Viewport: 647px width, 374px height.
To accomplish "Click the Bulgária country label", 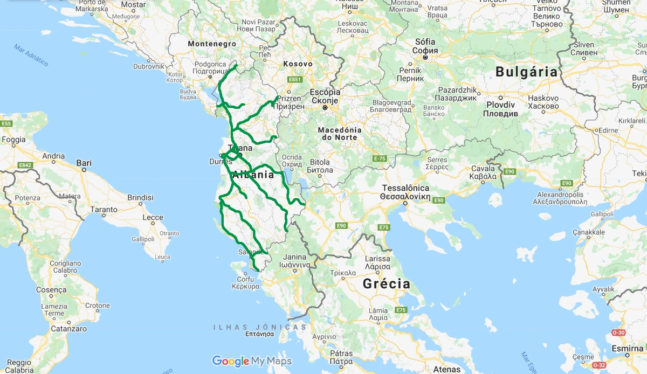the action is (526, 71).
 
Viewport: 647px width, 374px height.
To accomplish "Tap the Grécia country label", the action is (386, 284).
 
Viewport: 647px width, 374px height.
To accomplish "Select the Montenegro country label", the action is (212, 43).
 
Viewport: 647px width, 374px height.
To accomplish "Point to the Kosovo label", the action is (298, 64).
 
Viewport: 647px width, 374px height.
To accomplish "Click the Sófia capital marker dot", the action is (425, 57).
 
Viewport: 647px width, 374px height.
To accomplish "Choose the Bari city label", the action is (84, 162).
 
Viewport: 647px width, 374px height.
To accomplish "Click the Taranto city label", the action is (104, 209).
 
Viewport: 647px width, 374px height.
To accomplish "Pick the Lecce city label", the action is (153, 218).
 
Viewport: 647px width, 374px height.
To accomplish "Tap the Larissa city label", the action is (377, 258).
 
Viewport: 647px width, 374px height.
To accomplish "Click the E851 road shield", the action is (294, 80).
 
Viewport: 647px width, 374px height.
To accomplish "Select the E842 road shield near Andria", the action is (25, 165).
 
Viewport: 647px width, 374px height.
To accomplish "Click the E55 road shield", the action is (6, 124).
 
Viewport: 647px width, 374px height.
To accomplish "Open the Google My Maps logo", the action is (252, 361).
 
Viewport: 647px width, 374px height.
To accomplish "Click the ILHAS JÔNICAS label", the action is (259, 327).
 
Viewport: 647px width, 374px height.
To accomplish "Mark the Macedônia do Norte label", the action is (339, 133).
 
